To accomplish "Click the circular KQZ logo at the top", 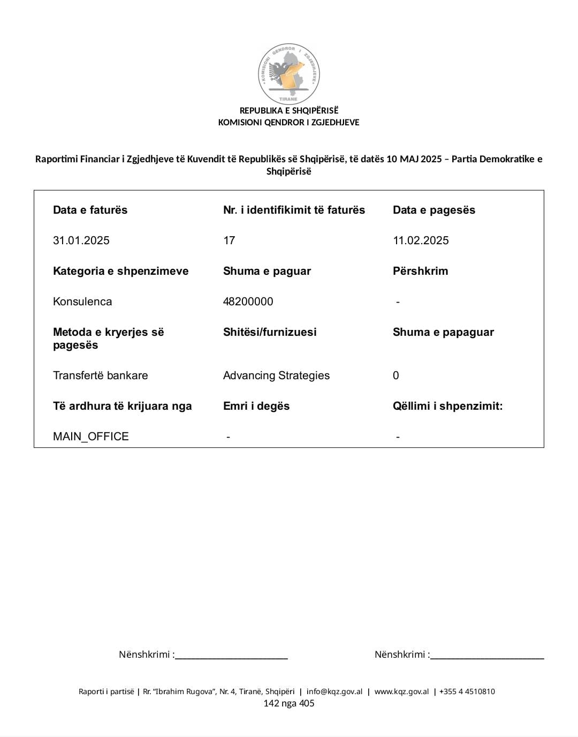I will click(289, 73).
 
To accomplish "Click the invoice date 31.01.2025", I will click(81, 240).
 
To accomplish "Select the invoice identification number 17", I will click(229, 240).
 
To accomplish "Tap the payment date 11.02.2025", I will click(421, 240).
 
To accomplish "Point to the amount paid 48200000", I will click(248, 302).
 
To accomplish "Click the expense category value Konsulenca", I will click(82, 302).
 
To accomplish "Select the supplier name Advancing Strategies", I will click(276, 375).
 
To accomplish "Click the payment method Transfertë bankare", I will click(100, 375).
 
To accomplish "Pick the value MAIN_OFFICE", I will click(91, 437).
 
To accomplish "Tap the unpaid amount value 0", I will click(396, 375).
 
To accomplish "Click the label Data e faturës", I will click(90, 210).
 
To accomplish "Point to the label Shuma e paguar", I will click(267, 271).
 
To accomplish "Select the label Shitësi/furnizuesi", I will click(270, 332).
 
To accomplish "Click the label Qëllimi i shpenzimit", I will click(447, 406).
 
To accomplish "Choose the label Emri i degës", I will click(256, 406).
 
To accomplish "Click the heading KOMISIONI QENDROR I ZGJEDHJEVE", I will click(288, 122).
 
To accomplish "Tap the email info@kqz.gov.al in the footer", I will click(334, 691).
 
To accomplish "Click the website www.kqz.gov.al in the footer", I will click(401, 691).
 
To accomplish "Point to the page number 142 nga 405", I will click(289, 703).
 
